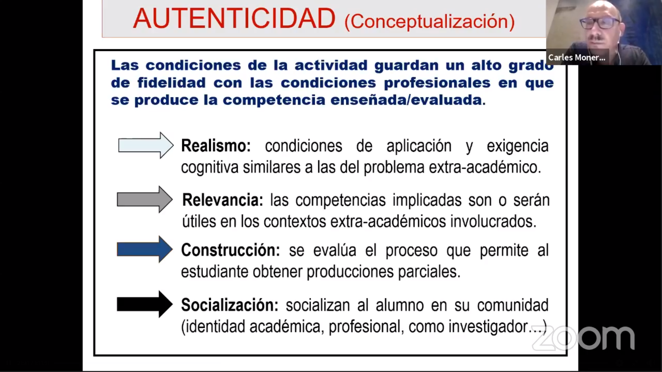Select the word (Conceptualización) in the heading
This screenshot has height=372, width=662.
click(x=430, y=21)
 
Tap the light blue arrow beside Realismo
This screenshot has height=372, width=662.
click(x=146, y=145)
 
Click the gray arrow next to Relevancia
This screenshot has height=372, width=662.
click(x=145, y=200)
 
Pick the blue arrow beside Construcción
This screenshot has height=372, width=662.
click(x=145, y=250)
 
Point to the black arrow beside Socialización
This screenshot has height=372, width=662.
click(x=145, y=304)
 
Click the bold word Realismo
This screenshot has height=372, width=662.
click(x=216, y=145)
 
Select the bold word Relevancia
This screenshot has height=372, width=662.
click(x=223, y=200)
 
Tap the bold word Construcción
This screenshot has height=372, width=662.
click(x=230, y=250)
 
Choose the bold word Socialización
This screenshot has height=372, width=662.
click(x=230, y=305)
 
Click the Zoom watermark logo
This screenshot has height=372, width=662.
click(x=583, y=338)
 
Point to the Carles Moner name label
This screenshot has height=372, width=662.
click(x=577, y=57)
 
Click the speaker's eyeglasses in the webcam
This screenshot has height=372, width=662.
click(x=600, y=23)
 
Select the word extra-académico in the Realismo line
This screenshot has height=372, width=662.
click(x=485, y=167)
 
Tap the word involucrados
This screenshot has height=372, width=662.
click(x=493, y=222)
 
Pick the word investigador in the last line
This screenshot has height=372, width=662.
click(x=488, y=327)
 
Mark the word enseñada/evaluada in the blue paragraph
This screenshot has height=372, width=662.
click(x=408, y=100)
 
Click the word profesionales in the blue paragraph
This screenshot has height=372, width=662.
click(x=437, y=83)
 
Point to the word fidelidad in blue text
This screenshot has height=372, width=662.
click(x=171, y=83)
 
